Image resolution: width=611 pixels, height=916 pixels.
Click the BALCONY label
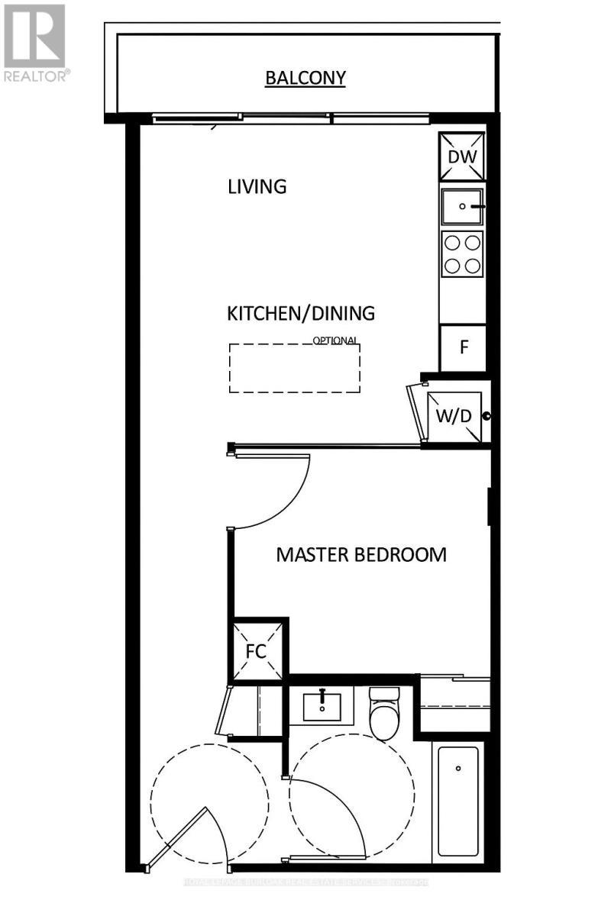[305, 77]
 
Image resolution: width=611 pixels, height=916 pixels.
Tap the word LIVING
[257, 186]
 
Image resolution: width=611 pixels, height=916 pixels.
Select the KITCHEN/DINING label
[301, 313]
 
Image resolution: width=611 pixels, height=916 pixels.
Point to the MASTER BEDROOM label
[360, 554]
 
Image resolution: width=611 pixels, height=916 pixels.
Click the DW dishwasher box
[463, 156]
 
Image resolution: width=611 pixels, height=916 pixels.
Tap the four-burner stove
[463, 254]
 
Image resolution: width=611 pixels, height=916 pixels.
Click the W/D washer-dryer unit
[454, 417]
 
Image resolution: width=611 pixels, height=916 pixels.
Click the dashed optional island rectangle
[295, 368]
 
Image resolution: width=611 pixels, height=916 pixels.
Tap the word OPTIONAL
[335, 341]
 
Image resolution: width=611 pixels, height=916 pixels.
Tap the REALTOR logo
[36, 41]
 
